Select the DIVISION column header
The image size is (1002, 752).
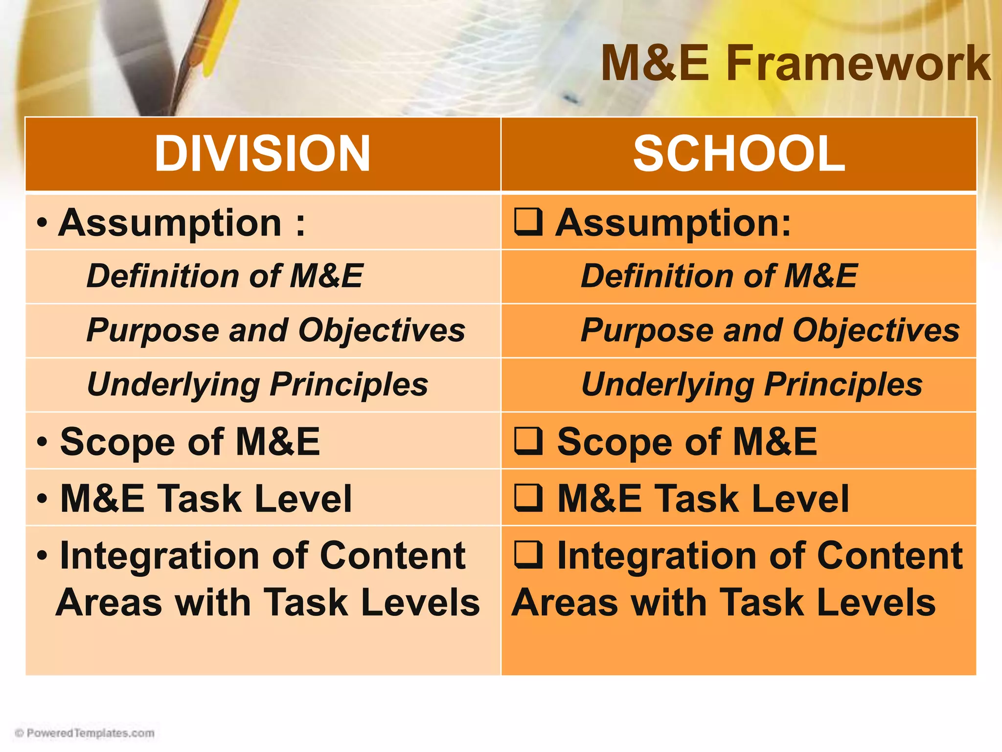262,154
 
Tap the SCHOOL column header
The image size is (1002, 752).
739,154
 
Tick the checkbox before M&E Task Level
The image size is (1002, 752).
528,497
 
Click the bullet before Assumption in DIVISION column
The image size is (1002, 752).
42,223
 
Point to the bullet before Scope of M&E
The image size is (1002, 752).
42,442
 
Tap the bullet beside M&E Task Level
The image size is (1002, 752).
42,498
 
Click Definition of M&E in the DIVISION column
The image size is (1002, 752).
225,276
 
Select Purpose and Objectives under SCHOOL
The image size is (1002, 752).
770,330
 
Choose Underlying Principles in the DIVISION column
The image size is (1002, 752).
257,385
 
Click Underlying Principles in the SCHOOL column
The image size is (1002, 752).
751,385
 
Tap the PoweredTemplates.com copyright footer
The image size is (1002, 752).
85,733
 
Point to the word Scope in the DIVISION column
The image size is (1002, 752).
117,442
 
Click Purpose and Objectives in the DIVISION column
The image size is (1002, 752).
275,330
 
